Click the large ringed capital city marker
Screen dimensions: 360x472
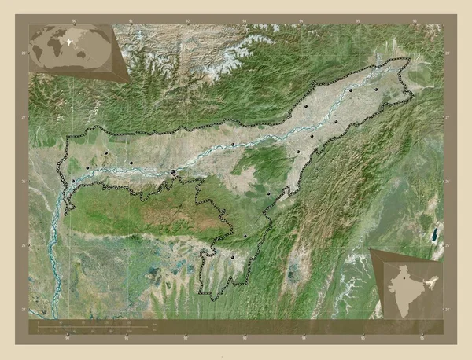pyautogui.click(x=173, y=171)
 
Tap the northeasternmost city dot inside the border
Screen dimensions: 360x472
pyautogui.click(x=377, y=90)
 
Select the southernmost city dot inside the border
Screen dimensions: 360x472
pyautogui.click(x=233, y=257)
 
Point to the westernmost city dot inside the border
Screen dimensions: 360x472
pyautogui.click(x=72, y=182)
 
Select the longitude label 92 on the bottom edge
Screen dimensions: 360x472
pyautogui.click(x=186, y=339)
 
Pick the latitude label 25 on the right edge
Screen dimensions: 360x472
pyautogui.click(x=446, y=246)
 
